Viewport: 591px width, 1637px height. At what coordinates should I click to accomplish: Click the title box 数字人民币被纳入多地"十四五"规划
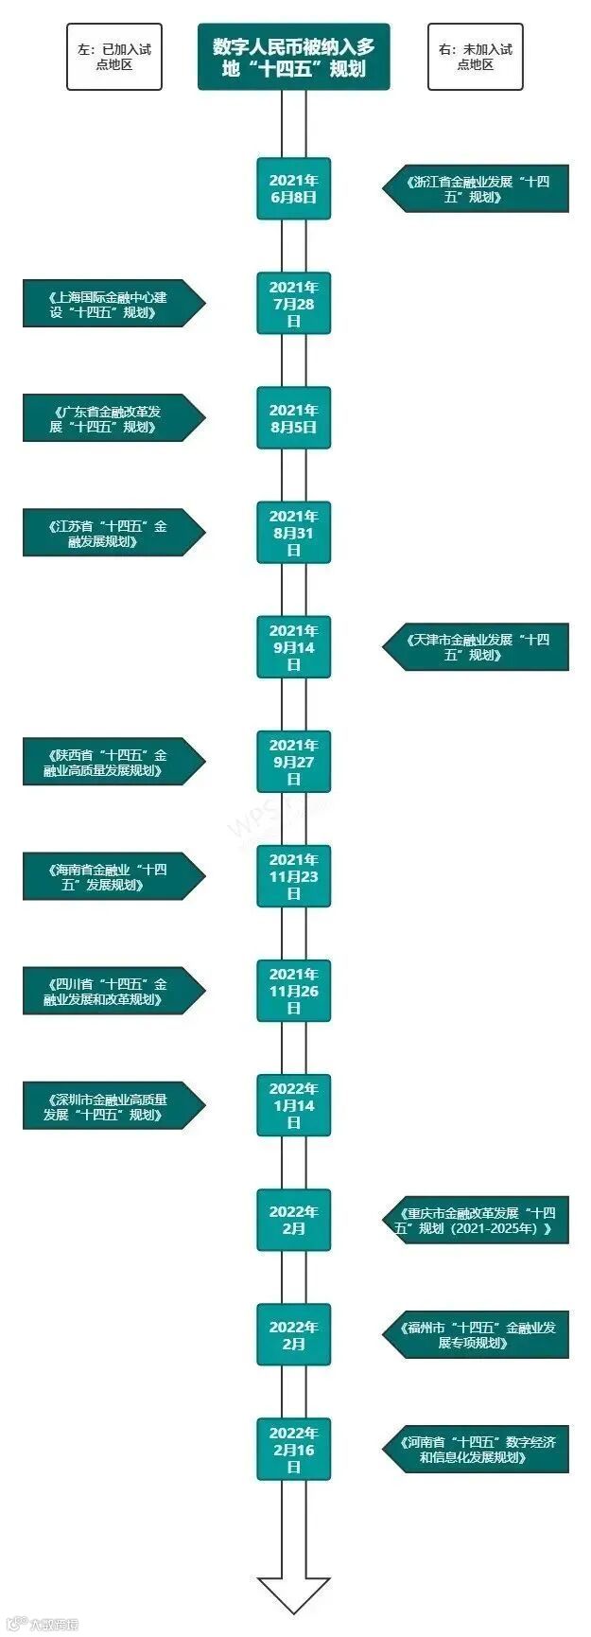(x=293, y=57)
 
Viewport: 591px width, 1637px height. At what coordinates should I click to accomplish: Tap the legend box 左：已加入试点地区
(x=113, y=57)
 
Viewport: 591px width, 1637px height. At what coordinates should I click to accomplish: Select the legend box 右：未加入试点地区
(x=475, y=57)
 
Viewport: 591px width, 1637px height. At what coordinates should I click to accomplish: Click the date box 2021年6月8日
(x=294, y=188)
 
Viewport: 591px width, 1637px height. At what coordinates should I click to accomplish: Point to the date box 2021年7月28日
(x=294, y=303)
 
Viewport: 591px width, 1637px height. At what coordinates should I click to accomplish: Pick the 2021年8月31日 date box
(x=294, y=532)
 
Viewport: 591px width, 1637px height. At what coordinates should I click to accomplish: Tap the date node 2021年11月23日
(x=294, y=876)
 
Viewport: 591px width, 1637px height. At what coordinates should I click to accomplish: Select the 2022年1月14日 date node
(x=294, y=1105)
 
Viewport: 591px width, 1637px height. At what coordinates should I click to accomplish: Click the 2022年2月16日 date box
(x=294, y=1449)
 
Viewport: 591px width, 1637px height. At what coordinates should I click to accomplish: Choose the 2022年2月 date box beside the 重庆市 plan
(x=294, y=1220)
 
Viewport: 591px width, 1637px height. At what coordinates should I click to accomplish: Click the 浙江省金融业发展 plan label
(x=477, y=188)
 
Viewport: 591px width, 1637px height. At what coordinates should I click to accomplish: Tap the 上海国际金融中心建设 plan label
(x=112, y=304)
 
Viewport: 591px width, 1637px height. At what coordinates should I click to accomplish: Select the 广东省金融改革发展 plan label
(x=112, y=418)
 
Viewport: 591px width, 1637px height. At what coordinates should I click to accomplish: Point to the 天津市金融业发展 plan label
(x=477, y=647)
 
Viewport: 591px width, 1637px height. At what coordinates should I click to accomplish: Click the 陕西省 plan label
(x=112, y=762)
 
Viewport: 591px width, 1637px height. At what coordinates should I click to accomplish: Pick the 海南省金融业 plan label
(x=112, y=876)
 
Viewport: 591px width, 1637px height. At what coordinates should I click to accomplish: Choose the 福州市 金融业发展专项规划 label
(x=477, y=1334)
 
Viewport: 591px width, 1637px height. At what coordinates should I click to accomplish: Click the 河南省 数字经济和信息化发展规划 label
(x=477, y=1449)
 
